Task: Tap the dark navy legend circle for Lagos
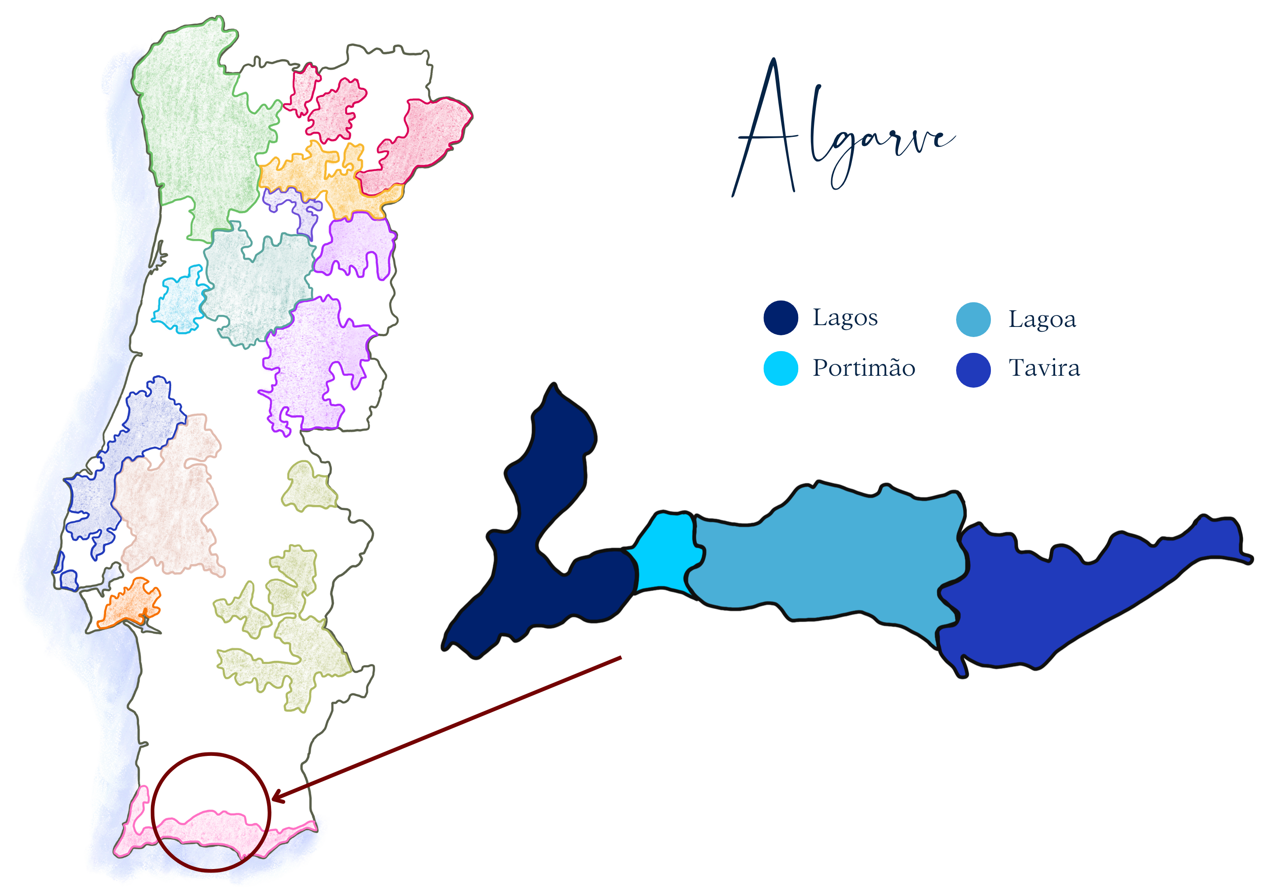(x=780, y=318)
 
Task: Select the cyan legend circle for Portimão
(x=780, y=368)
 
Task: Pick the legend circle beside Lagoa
(x=973, y=319)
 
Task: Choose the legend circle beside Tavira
(x=973, y=370)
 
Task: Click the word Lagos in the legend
(x=845, y=318)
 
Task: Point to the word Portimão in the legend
(x=863, y=368)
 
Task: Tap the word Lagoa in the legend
(x=1042, y=320)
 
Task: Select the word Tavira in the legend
(x=1044, y=368)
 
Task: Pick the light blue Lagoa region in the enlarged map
(x=826, y=553)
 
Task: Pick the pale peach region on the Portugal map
(x=168, y=502)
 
